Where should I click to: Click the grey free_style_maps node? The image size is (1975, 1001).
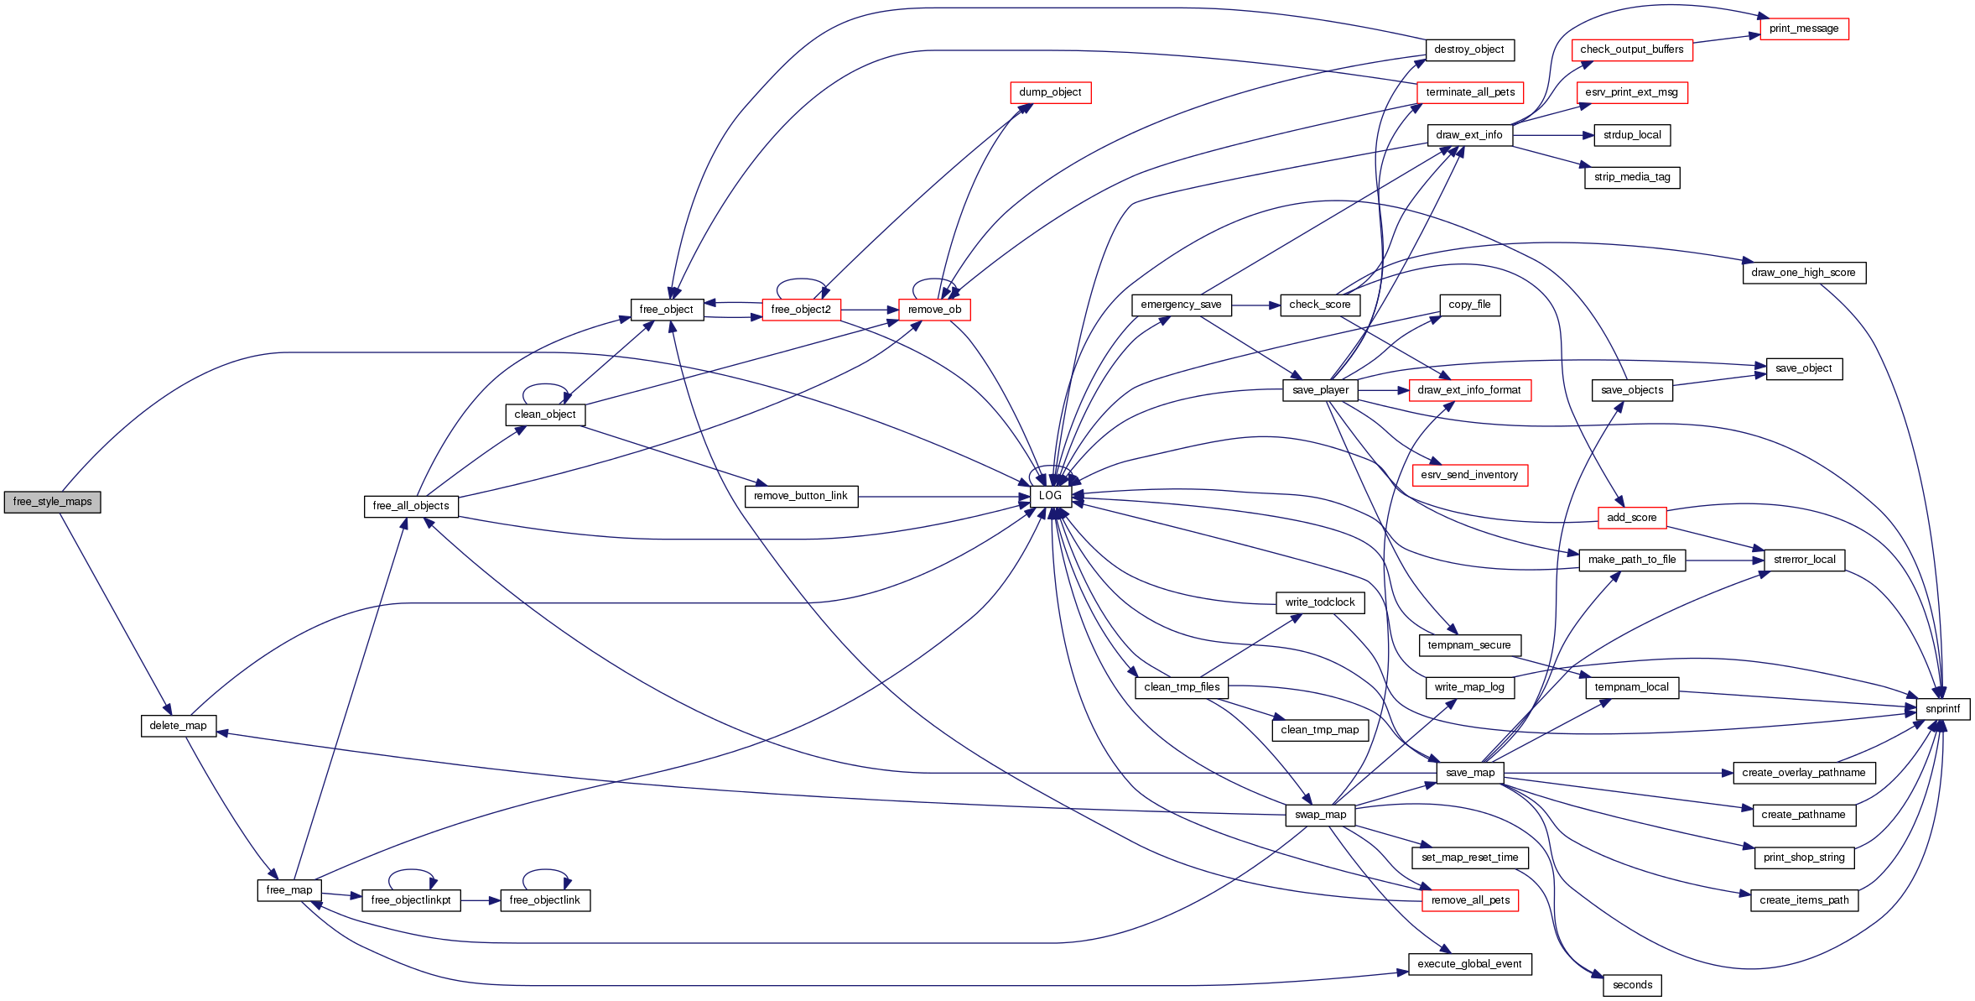[52, 502]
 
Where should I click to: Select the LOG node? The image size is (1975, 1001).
[1050, 496]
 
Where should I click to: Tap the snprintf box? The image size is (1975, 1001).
[1942, 709]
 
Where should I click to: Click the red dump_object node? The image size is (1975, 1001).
[1050, 92]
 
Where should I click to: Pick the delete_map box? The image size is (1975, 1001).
[178, 726]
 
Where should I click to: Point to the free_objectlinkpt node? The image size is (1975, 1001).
[411, 900]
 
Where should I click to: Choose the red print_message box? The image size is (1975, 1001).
[1804, 29]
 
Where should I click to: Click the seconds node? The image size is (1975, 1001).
[1632, 985]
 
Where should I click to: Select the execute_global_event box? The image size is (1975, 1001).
[1469, 964]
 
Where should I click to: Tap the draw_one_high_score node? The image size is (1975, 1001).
[1803, 273]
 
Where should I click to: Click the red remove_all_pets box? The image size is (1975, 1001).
[1470, 900]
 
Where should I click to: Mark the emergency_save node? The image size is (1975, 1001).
[1181, 305]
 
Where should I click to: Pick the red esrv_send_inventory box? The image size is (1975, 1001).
[1469, 475]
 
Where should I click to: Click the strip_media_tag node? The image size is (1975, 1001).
[1632, 177]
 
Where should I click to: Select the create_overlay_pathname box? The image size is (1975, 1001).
[1803, 773]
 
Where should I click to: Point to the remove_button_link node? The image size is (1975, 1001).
[801, 496]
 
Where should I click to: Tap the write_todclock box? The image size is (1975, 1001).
[1320, 602]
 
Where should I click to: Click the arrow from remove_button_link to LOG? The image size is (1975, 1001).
[943, 497]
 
